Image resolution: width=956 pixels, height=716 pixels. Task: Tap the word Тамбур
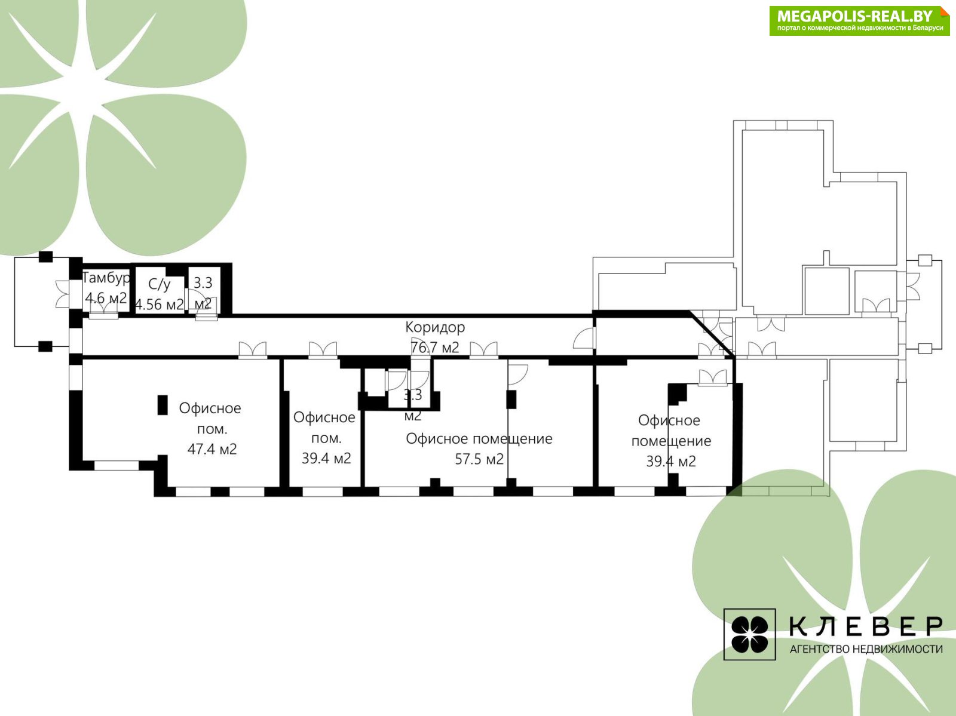click(106, 278)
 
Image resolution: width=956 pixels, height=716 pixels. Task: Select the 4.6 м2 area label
click(106, 298)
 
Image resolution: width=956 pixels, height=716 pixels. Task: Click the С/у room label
click(160, 284)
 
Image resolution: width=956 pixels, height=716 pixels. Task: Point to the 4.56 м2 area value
click(160, 304)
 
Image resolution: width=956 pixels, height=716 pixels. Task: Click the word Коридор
click(435, 327)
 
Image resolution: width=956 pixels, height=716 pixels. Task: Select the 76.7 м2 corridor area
click(435, 348)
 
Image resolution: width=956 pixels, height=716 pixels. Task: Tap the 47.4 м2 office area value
click(212, 448)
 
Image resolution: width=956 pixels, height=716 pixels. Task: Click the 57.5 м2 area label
click(479, 459)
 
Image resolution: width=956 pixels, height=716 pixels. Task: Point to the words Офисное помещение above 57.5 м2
click(479, 439)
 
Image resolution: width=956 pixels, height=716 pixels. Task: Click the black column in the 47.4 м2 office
click(163, 405)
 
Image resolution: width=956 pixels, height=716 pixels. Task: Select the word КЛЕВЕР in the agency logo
click(866, 627)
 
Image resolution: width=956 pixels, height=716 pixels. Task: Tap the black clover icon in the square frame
click(749, 635)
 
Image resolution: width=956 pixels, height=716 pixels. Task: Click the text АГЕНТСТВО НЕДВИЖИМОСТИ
click(866, 649)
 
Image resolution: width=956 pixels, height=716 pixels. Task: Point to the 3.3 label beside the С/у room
click(203, 283)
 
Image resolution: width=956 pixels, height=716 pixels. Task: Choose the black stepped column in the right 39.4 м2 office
click(677, 394)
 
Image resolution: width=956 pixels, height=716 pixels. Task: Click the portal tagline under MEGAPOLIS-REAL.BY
click(860, 28)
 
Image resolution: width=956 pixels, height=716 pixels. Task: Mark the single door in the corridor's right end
click(584, 338)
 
